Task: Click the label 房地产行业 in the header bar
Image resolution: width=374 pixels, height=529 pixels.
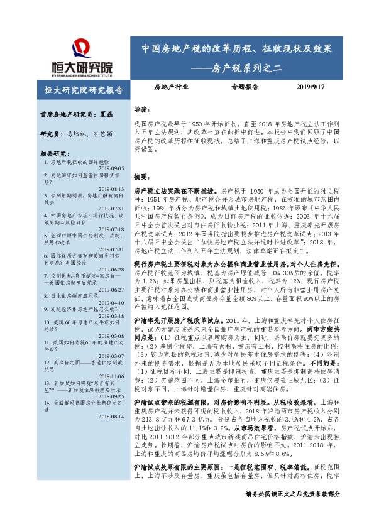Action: (171, 89)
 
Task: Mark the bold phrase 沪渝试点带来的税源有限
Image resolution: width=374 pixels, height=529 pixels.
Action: (173, 400)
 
